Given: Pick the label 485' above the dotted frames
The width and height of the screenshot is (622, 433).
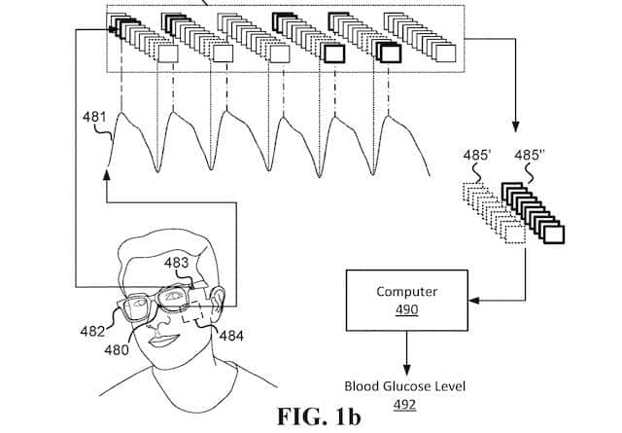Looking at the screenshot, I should pyautogui.click(x=479, y=156).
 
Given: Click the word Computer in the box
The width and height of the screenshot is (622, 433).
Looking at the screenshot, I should pyautogui.click(x=406, y=291).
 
